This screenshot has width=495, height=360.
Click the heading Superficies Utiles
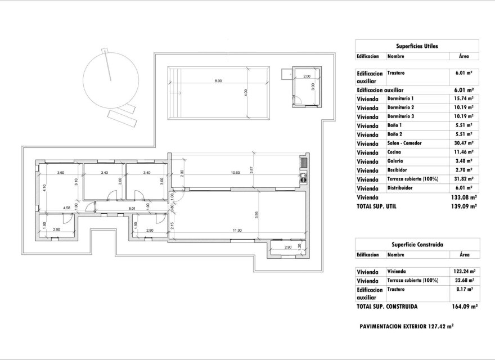click(417, 46)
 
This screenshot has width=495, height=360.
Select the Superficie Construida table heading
click(417, 245)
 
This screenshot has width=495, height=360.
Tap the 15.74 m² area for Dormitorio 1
click(463, 98)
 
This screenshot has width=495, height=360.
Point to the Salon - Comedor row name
click(405, 143)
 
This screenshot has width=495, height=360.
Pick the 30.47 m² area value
click(463, 143)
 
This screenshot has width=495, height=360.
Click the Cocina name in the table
click(395, 152)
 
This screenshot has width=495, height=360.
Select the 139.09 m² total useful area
click(465, 206)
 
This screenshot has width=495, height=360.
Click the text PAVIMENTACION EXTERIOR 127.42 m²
click(407, 326)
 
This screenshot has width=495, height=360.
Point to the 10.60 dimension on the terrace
click(235, 173)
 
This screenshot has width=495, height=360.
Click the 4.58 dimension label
click(67, 209)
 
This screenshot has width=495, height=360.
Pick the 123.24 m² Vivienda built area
click(463, 271)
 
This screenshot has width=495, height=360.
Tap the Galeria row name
click(396, 161)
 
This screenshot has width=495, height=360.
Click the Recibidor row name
click(398, 170)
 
